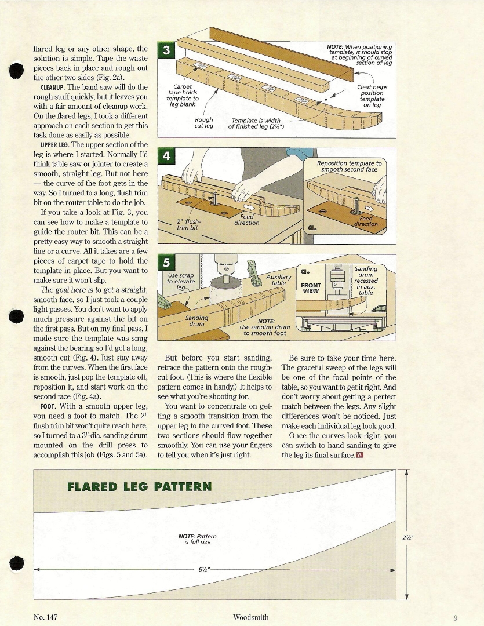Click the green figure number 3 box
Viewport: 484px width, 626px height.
166,50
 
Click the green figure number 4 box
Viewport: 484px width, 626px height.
166,156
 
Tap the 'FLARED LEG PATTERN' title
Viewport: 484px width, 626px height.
140,486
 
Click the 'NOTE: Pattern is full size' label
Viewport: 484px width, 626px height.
197,539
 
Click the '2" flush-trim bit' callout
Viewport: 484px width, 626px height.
188,224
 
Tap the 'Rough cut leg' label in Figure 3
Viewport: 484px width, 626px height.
204,123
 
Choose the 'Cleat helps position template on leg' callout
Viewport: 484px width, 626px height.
372,96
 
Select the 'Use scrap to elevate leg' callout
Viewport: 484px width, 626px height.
181,281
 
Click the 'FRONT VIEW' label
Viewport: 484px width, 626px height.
311,288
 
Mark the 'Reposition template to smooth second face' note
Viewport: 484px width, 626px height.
350,166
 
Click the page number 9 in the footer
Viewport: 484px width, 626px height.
456,618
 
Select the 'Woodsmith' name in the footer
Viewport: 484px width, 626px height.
250,618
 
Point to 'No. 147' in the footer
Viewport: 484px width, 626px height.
46,618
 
